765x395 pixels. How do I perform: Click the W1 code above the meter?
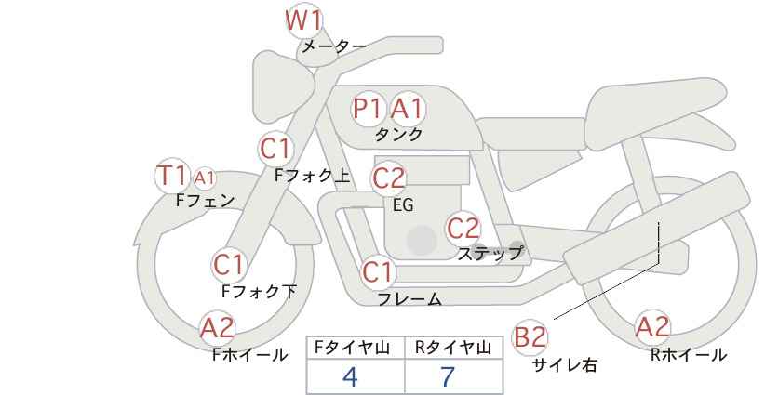pos(303,20)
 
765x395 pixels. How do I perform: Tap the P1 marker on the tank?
pos(368,109)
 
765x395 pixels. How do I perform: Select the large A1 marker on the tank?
pos(407,109)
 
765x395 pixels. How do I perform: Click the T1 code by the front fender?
pos(172,175)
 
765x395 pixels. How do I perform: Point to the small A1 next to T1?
pos(205,177)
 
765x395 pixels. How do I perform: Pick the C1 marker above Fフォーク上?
pos(276,147)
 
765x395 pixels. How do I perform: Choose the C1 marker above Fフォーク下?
pos(229,265)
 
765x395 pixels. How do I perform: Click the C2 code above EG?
pos(389,178)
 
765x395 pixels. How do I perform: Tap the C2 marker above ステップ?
pos(463,228)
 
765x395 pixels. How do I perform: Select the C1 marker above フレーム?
pos(378,273)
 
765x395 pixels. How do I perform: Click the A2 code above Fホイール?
pos(218,327)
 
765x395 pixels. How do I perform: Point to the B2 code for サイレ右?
pos(530,336)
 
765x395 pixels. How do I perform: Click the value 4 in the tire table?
pos(350,376)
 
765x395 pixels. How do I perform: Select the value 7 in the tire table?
pos(449,376)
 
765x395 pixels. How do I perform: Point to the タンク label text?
pos(398,134)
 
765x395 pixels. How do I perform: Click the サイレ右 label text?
pos(564,365)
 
